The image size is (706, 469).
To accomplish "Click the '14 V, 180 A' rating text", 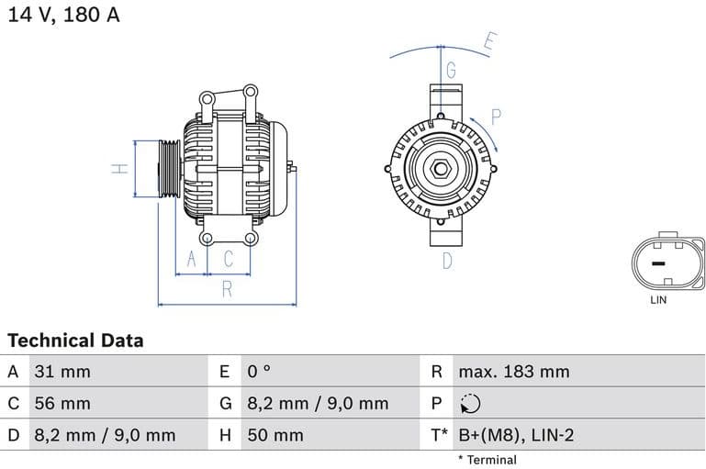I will [x=64, y=16].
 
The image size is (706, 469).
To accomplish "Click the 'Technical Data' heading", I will [x=75, y=341].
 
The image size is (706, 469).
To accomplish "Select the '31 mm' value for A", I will [x=62, y=372].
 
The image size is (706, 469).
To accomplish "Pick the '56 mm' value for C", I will [x=62, y=403].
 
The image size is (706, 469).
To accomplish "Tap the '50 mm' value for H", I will [x=275, y=435].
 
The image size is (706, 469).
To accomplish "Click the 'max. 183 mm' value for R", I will [x=513, y=372].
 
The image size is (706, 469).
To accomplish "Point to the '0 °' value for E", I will [x=260, y=372].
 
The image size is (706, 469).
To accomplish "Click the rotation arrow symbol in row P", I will [x=469, y=404].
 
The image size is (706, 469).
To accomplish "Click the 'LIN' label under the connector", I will [x=658, y=300].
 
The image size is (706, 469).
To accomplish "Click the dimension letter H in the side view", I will [x=118, y=168].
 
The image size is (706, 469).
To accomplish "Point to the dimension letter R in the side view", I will [x=227, y=290].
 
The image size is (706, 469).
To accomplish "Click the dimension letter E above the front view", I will [x=489, y=41].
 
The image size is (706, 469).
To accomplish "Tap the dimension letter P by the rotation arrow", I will [x=495, y=117].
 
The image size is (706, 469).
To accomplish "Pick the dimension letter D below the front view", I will [x=447, y=261].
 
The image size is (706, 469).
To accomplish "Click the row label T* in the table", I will [x=440, y=435].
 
